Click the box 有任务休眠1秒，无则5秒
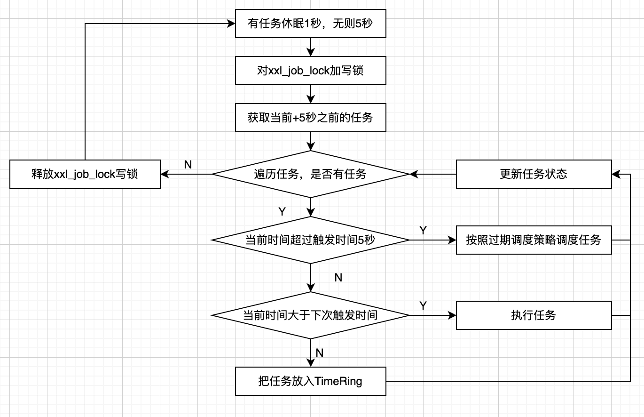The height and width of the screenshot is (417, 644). click(310, 24)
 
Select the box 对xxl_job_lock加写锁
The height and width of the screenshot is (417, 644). click(310, 71)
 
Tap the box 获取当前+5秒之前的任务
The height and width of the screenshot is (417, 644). click(310, 118)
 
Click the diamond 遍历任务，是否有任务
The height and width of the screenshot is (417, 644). click(310, 174)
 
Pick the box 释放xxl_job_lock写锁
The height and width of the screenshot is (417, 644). click(85, 174)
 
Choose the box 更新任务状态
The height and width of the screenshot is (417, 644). click(534, 174)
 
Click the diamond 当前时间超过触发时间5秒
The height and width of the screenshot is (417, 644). click(310, 240)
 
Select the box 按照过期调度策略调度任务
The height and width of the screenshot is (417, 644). click(534, 240)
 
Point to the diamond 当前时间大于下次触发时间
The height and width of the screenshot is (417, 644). click(310, 315)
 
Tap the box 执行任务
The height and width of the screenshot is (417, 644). click(534, 315)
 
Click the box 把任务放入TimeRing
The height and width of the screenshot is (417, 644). click(310, 381)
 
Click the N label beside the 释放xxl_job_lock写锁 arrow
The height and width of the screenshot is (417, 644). click(188, 164)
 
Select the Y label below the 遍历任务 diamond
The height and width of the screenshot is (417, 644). click(282, 212)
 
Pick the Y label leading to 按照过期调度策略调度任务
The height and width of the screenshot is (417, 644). click(423, 230)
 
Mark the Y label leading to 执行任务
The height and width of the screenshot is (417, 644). click(423, 305)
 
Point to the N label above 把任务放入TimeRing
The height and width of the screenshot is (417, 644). click(320, 353)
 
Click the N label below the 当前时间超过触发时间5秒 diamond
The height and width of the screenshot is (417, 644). click(338, 278)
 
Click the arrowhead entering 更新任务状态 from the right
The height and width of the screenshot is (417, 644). click(615, 174)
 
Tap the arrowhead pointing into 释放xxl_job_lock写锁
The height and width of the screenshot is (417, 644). click(164, 174)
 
